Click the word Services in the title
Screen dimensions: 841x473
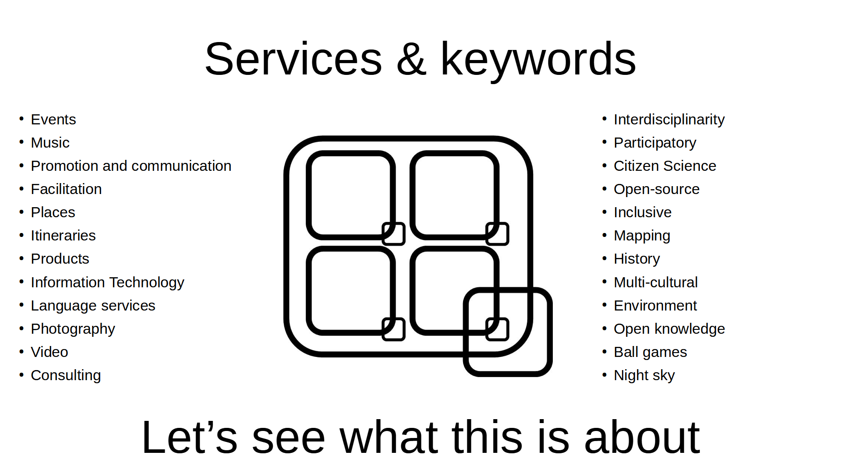(x=293, y=59)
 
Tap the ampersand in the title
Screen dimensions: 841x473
(x=411, y=59)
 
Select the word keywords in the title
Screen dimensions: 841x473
(x=538, y=60)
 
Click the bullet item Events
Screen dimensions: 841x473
(x=53, y=120)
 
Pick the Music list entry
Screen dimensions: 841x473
(x=50, y=143)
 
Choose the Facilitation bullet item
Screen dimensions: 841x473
(x=66, y=189)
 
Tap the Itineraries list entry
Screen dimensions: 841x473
(x=63, y=236)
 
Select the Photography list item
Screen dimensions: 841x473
(x=73, y=329)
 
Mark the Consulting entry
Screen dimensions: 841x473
(x=66, y=376)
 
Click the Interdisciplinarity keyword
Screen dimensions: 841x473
(x=669, y=120)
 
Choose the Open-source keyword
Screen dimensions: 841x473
(x=657, y=190)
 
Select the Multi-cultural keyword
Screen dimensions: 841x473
(x=655, y=282)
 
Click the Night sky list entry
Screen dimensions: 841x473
(x=644, y=376)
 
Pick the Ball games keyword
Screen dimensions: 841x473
(x=650, y=353)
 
